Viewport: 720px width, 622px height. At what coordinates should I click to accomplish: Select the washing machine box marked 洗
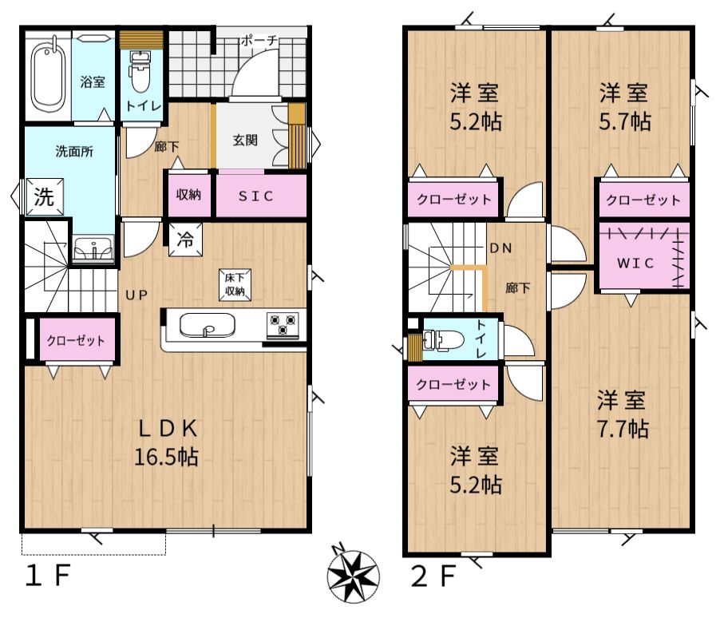(44, 197)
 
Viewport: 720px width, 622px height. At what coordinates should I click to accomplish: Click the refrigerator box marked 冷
(185, 240)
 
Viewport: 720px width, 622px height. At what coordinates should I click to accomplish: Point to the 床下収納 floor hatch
(235, 284)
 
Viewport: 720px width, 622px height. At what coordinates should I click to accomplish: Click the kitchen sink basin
(207, 325)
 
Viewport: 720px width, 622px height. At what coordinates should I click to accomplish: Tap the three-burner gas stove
(283, 325)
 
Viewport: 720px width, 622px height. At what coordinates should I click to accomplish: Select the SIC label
(255, 196)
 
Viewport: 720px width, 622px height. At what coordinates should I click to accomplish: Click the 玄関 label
(245, 140)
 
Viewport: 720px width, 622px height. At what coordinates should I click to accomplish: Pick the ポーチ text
(259, 41)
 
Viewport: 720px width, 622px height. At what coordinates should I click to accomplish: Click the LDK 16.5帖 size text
(167, 443)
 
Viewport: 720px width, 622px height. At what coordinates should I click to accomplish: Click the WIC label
(635, 263)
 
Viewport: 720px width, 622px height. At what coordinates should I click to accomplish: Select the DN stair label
(500, 248)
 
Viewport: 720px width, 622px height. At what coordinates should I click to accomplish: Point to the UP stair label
(136, 295)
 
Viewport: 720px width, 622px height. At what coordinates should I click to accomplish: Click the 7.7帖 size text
(622, 429)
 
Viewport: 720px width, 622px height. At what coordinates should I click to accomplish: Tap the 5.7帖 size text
(625, 121)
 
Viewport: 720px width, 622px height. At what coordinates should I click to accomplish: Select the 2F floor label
(433, 576)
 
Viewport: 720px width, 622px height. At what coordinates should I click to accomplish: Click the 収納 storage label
(188, 195)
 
